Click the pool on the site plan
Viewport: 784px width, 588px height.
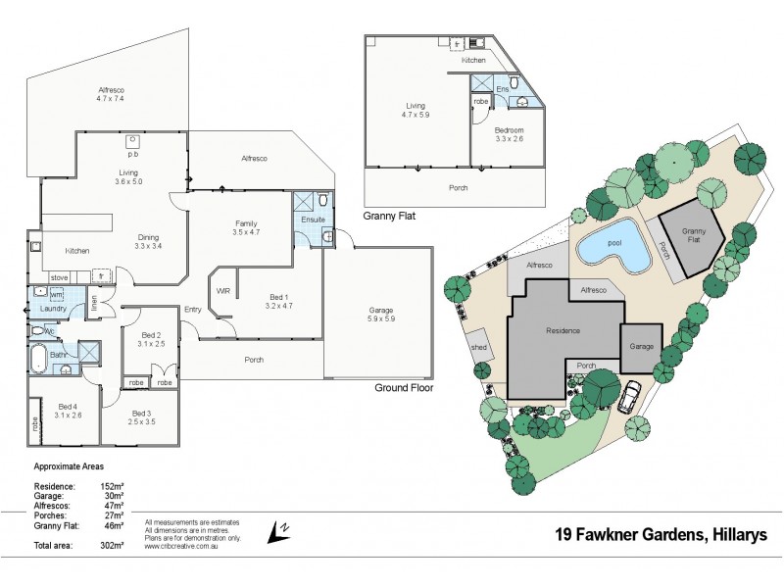tap(613, 252)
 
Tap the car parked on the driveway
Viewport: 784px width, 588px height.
tap(630, 397)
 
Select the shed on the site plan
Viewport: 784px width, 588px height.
tap(480, 347)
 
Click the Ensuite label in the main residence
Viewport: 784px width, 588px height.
tap(313, 220)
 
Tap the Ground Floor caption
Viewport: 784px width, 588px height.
tap(404, 388)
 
